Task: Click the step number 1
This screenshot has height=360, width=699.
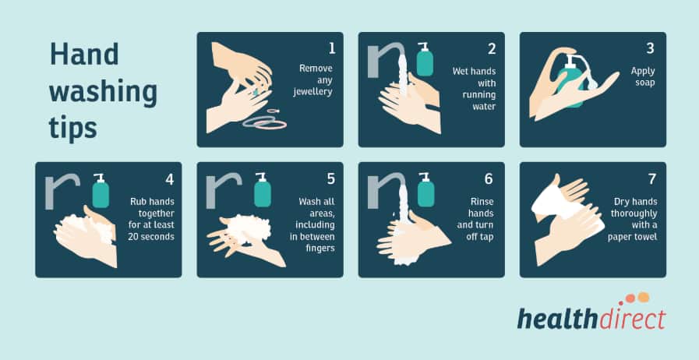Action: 331,48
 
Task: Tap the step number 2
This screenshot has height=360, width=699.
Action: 492,48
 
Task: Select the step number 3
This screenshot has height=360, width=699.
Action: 650,48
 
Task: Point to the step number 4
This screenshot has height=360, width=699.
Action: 169,178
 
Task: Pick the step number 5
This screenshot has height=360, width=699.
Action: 331,178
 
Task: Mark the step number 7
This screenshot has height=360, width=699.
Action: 650,178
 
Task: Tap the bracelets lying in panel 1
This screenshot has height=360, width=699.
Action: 266,122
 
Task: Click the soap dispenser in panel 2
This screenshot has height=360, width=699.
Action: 424,60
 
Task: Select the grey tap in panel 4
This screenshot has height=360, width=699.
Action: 61,191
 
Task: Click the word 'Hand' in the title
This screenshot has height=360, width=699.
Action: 84,55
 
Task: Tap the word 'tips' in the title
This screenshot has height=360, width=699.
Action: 73,128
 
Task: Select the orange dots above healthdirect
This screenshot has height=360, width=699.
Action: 637,298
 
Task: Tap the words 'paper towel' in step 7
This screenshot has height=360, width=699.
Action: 635,237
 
